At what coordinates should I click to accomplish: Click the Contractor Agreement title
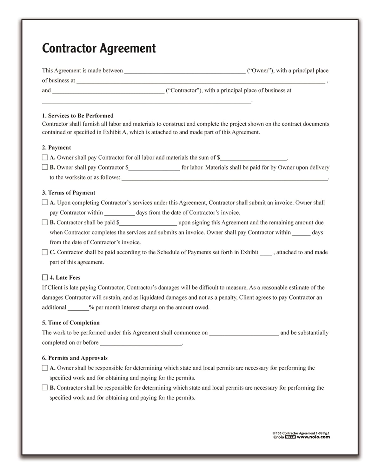tap(99, 48)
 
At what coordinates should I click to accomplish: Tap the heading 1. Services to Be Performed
tap(77, 116)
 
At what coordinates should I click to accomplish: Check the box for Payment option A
tap(45, 157)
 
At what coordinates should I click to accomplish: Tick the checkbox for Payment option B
tap(45, 167)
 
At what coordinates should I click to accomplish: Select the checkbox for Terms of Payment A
tap(45, 202)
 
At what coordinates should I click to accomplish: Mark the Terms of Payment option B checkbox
tap(45, 222)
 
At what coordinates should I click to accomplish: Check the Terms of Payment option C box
tap(45, 252)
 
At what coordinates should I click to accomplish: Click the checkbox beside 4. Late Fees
tap(45, 277)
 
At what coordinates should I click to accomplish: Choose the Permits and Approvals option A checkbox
tap(45, 368)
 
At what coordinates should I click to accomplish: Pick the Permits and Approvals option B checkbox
tap(45, 387)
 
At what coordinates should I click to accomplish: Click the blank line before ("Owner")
tap(185, 71)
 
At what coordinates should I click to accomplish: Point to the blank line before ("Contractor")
tap(108, 91)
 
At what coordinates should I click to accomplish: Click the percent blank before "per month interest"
tap(78, 308)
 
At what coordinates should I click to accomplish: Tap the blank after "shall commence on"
tap(244, 333)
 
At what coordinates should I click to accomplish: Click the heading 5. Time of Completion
tap(71, 323)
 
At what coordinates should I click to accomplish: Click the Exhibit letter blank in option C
tap(266, 253)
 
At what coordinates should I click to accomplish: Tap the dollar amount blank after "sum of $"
tap(254, 158)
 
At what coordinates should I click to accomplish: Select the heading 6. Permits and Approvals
tap(75, 358)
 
